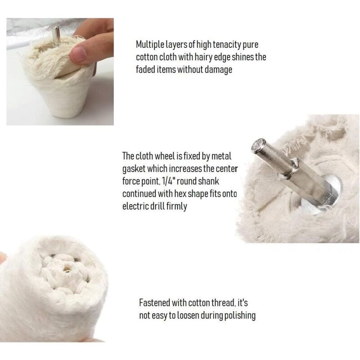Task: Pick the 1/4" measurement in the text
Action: [x=168, y=181]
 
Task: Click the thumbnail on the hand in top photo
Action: [x=78, y=54]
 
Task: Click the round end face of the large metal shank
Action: [x=258, y=146]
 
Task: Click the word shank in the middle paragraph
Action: [x=208, y=181]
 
